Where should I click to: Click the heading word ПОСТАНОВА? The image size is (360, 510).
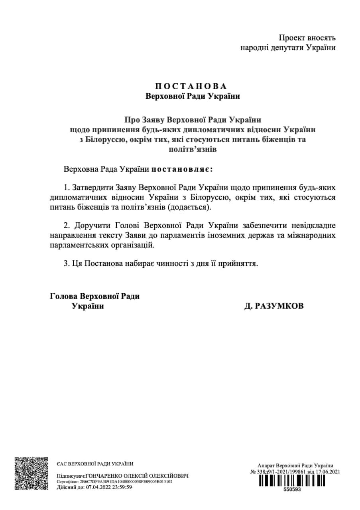click(190, 86)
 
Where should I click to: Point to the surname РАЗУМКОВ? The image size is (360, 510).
click(274, 306)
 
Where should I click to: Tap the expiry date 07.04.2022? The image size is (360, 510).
click(92, 487)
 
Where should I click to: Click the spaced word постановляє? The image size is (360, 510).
click(182, 169)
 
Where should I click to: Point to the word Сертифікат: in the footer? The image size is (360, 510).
click(65, 482)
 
